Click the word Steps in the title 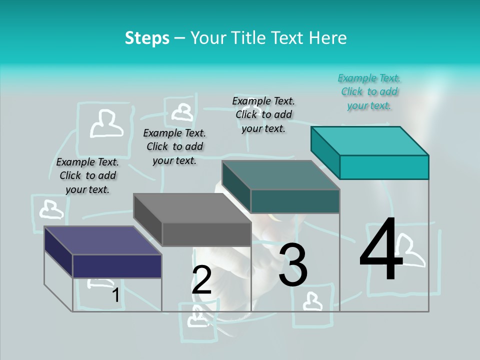click(x=147, y=38)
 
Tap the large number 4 click(x=381, y=250)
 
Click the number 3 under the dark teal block click(x=293, y=265)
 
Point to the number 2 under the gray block click(x=201, y=280)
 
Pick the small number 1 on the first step click(x=115, y=295)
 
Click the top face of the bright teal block click(x=370, y=140)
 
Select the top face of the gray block click(x=192, y=208)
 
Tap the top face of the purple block click(x=103, y=240)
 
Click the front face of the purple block click(x=117, y=266)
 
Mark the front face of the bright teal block click(x=384, y=167)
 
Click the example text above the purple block click(x=87, y=175)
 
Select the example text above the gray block click(x=174, y=146)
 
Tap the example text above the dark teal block click(x=263, y=114)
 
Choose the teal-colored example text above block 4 click(x=369, y=91)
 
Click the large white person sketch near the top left click(x=106, y=123)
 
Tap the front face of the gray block click(x=206, y=234)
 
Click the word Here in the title click(x=328, y=38)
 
